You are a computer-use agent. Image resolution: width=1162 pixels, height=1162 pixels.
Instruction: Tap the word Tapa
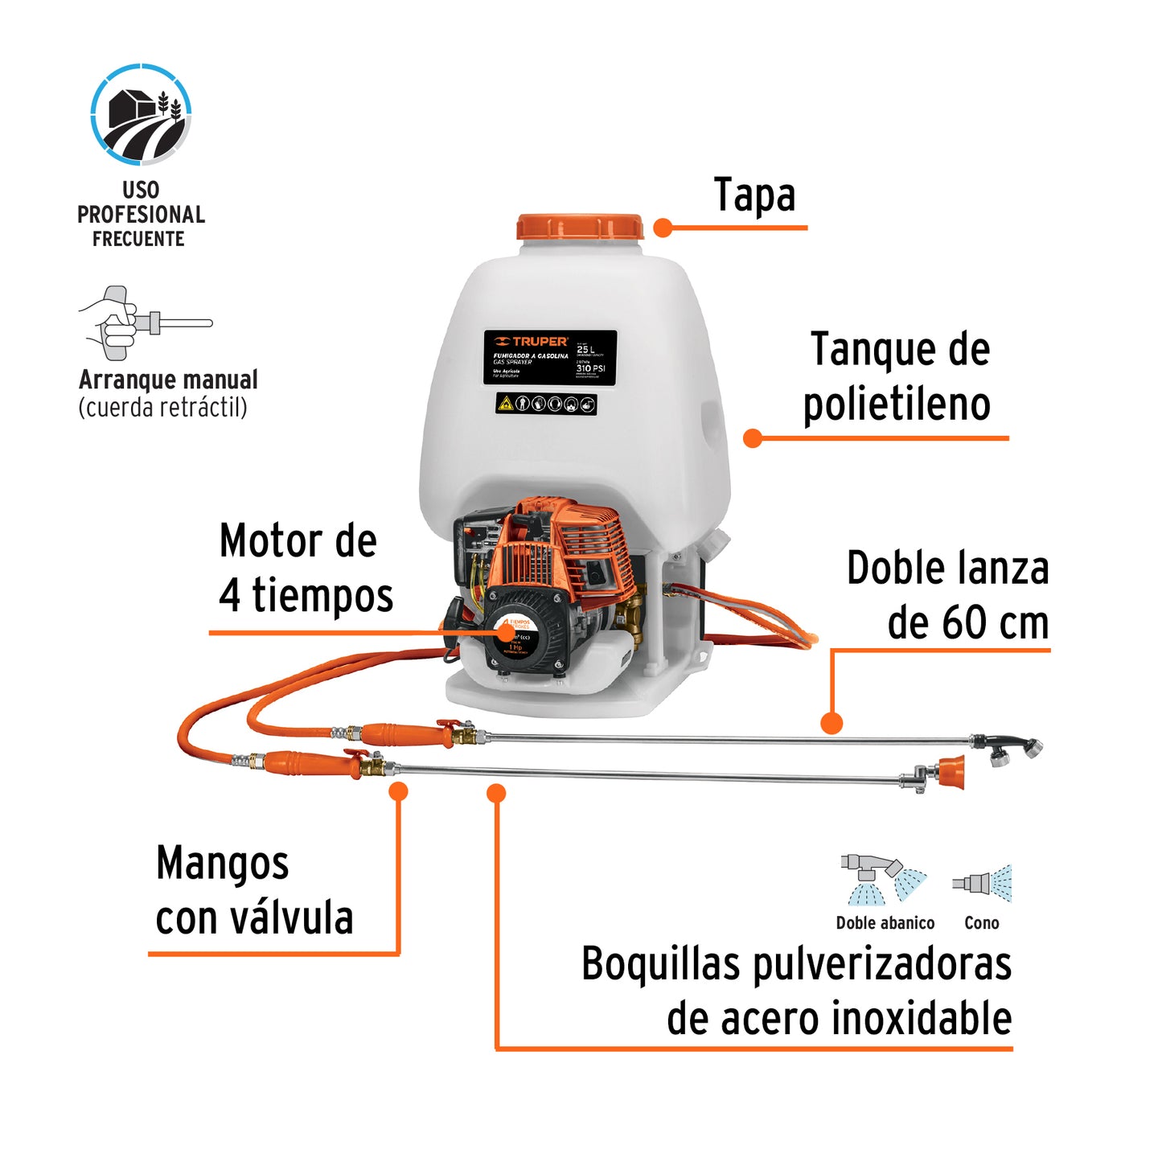(754, 195)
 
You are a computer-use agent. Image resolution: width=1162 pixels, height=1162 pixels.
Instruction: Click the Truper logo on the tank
(532, 342)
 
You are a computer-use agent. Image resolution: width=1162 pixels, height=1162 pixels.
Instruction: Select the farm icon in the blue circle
(141, 115)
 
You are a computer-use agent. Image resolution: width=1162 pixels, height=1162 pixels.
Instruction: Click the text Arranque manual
(168, 380)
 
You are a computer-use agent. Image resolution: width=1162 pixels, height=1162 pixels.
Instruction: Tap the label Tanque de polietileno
(898, 376)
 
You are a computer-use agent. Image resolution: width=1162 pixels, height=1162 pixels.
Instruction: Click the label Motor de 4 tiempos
(305, 568)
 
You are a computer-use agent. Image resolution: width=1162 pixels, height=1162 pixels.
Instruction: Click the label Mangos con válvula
(254, 890)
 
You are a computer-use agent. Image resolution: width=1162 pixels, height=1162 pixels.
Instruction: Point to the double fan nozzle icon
(882, 880)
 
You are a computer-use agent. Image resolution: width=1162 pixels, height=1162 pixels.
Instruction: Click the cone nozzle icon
(982, 884)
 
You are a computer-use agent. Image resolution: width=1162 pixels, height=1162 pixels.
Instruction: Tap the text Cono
(981, 923)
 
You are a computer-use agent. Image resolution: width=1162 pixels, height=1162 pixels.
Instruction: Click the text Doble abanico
(885, 923)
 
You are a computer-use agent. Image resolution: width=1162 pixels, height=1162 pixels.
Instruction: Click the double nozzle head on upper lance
(1010, 748)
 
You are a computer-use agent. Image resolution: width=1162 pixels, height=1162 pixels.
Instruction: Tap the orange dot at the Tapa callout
(663, 228)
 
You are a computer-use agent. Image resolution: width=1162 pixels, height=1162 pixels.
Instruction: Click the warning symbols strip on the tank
(546, 403)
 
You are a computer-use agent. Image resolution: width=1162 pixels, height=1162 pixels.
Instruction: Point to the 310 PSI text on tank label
(590, 368)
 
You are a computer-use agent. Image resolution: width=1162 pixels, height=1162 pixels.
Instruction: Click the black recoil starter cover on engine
(524, 630)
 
